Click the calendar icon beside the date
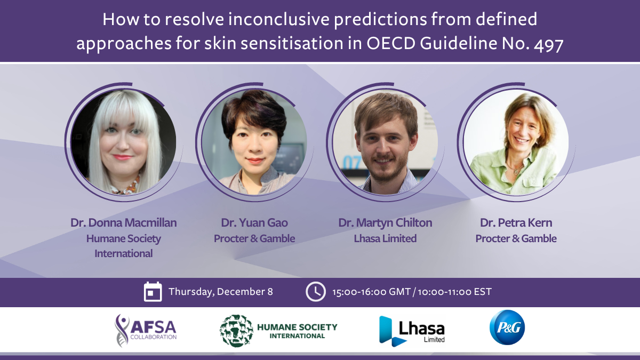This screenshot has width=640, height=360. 153,291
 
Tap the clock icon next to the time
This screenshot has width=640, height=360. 315,292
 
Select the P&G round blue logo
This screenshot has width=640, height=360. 507,327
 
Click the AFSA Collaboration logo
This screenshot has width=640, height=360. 146,331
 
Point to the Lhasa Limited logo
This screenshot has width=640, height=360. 412,331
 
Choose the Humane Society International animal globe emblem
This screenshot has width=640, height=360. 237,331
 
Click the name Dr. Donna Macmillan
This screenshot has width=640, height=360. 123,223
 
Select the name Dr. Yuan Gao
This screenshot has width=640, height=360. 254,223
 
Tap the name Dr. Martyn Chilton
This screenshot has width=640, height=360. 385,223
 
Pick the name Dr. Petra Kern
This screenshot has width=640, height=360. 516,223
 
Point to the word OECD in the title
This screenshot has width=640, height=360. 390,43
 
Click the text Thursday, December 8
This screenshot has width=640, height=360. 221,292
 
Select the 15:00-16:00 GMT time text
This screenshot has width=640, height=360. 371,292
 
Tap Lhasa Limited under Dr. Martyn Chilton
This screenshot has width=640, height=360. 385,238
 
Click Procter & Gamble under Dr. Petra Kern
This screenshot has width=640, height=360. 516,238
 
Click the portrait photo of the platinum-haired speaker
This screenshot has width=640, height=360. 123,142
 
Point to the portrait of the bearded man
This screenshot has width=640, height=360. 385,142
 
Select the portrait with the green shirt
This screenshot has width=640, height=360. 516,142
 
